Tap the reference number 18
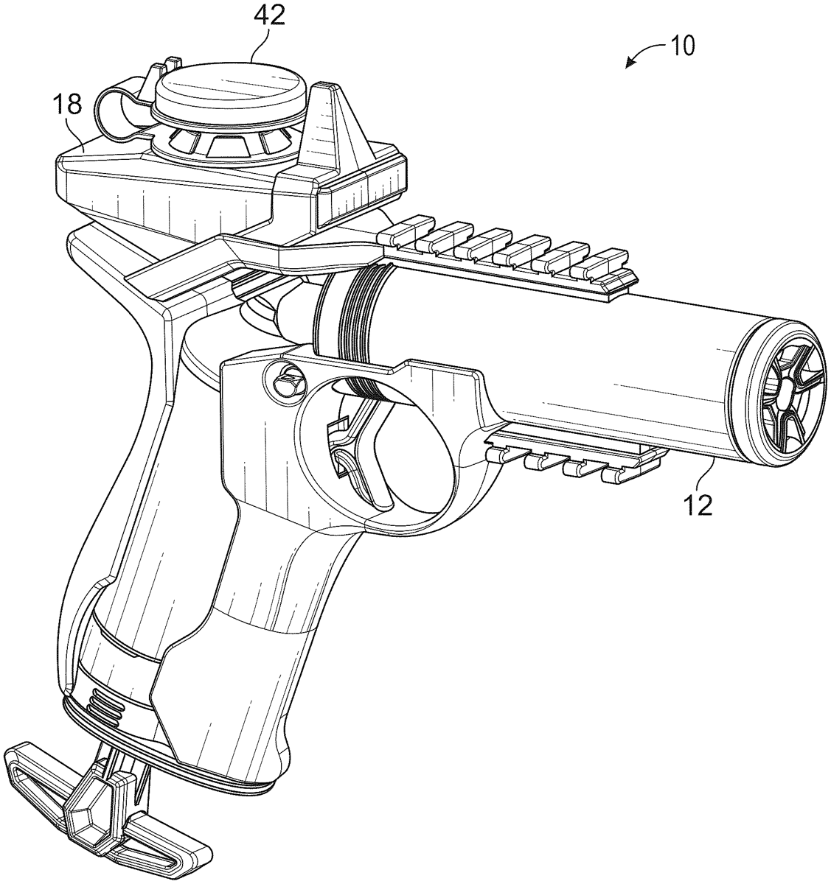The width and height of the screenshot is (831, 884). [x=67, y=106]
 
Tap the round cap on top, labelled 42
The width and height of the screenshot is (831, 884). [x=229, y=91]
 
